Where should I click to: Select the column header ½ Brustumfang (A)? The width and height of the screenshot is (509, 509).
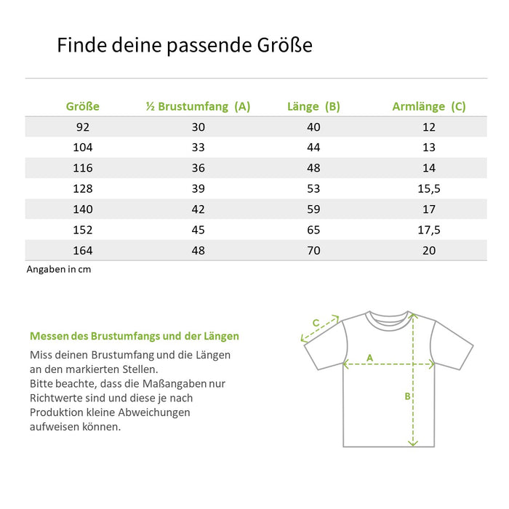tap(198, 106)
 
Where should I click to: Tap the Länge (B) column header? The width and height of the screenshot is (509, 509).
tap(313, 106)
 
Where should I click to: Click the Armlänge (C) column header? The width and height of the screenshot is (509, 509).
tap(429, 106)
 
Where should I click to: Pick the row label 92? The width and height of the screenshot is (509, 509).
tap(82, 127)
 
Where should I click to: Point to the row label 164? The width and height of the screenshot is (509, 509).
tap(82, 250)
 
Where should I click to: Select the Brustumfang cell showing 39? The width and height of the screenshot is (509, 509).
tap(198, 188)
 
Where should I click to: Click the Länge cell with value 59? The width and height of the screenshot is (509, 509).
tap(313, 209)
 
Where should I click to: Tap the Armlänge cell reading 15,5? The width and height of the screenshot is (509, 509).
tap(429, 188)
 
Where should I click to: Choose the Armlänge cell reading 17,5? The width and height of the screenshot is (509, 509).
tap(429, 230)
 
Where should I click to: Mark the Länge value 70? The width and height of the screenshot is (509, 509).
tap(313, 250)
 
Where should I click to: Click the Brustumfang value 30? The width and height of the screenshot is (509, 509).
tap(198, 127)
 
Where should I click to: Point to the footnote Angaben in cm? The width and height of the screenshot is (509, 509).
tap(59, 269)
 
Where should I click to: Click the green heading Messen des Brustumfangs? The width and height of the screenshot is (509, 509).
tap(134, 337)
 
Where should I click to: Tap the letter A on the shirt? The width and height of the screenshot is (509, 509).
tap(369, 357)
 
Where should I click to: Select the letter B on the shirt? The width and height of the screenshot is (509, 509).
tap(408, 396)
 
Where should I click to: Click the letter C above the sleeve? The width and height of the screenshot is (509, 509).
tap(316, 323)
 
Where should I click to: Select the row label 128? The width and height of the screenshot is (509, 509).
tap(82, 188)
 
